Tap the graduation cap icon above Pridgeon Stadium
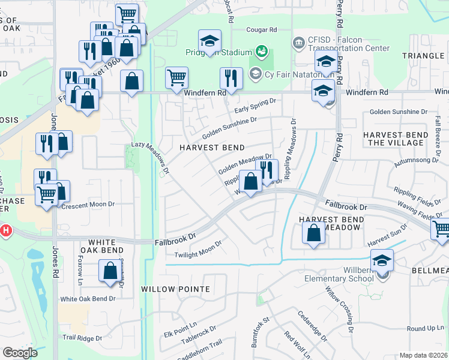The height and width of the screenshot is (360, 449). [209, 41]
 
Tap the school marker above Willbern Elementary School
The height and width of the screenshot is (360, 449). [382, 260]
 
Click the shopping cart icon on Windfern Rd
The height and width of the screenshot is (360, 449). [176, 77]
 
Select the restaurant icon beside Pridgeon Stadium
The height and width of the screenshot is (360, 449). [231, 77]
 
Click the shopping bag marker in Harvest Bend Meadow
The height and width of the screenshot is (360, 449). [313, 233]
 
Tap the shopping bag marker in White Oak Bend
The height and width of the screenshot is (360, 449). [110, 271]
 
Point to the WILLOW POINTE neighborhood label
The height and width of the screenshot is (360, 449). [175, 289]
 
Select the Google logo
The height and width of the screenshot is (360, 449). [20, 353]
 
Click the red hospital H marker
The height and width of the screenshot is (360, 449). [5, 230]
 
